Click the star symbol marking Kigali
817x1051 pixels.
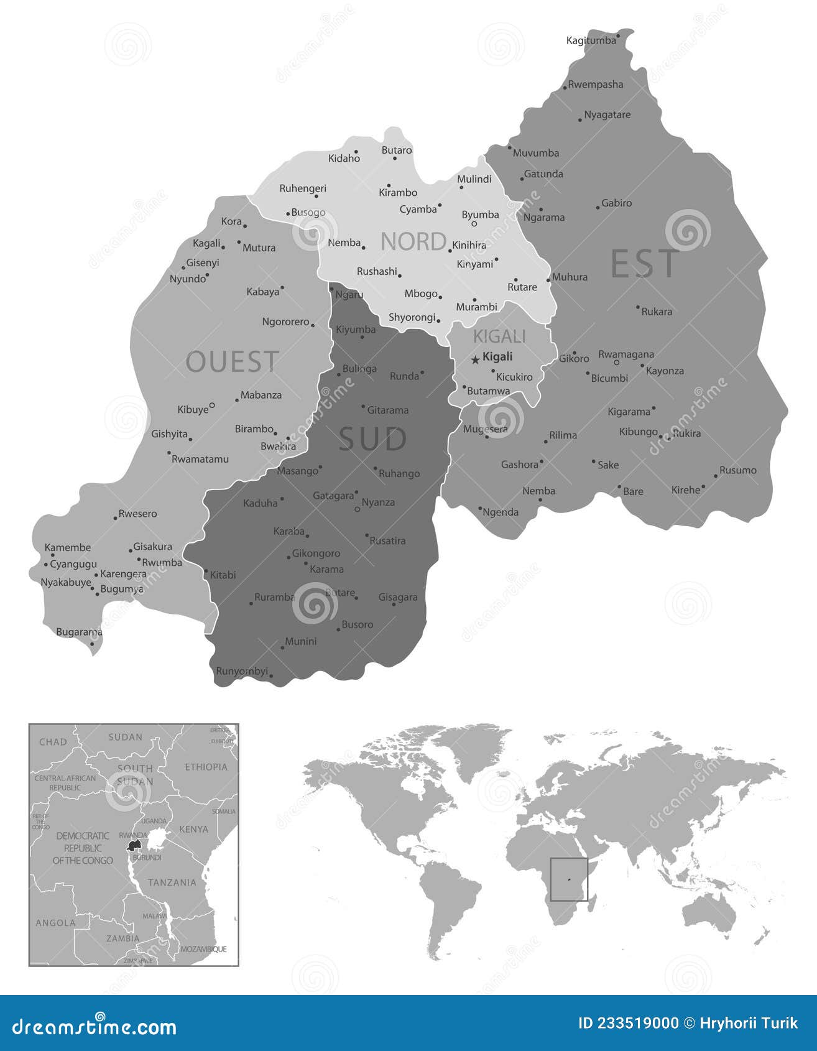(476, 359)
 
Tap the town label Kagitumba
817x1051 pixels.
(591, 40)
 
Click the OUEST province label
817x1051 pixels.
(232, 362)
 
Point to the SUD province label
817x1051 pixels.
(372, 439)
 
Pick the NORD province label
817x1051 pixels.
(413, 241)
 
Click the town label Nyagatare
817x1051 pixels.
(607, 114)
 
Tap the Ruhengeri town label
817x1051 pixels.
(303, 188)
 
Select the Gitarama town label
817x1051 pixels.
(388, 410)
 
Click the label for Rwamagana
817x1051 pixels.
(626, 354)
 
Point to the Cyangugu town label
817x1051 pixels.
(73, 564)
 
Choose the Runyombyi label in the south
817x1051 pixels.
(242, 671)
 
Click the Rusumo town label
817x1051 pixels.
(738, 470)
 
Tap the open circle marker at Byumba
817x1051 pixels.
(474, 224)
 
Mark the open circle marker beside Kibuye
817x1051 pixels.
(212, 405)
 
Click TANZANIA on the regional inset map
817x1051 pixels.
(172, 882)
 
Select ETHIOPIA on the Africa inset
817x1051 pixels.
(206, 767)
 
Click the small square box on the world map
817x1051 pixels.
(569, 879)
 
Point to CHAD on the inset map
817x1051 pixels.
(53, 741)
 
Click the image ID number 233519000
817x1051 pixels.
(628, 1023)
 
